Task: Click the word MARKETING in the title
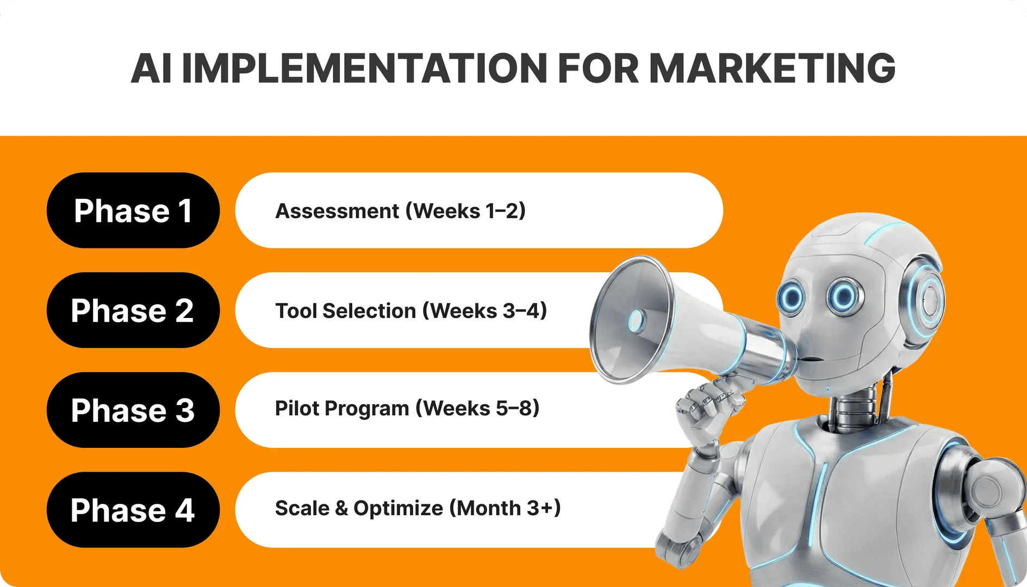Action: pos(772,68)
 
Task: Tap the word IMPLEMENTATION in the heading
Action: pos(364,68)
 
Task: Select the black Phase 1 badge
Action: pos(133,210)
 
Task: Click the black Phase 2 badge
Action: pos(133,310)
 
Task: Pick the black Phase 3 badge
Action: pos(133,410)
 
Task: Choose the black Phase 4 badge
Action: pos(133,510)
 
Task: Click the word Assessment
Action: pos(337,211)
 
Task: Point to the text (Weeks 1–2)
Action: pos(466,211)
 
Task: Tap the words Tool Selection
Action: pos(345,311)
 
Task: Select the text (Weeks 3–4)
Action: pos(485,311)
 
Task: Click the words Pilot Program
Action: pos(342,409)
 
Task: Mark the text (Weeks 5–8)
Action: pos(478,408)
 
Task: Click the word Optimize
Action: pos(399,509)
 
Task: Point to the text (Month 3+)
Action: pos(505,508)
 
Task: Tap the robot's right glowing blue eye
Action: pos(844,297)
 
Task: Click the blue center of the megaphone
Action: pos(636,321)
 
